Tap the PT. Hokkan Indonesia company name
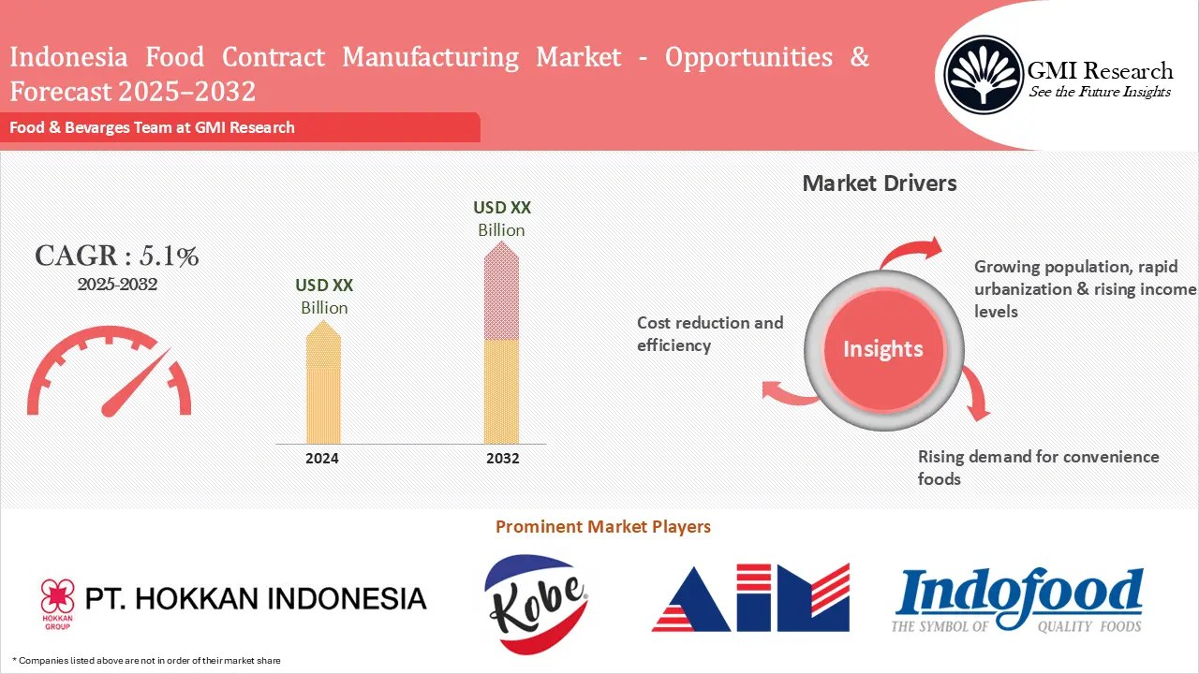point(256,598)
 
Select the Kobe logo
point(536,603)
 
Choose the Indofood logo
point(1018,600)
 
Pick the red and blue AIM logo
point(750,598)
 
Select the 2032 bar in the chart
point(501,342)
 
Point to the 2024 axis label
point(322,459)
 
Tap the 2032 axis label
point(502,459)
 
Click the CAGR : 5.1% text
point(116,256)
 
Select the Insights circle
point(882,349)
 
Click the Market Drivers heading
point(880,183)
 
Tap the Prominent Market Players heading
point(602,527)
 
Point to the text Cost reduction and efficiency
point(709,334)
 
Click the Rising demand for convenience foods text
point(1038,468)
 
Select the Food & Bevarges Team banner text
point(153,127)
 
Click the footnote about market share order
point(147,661)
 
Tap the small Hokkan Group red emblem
point(56,594)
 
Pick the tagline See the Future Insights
point(1100,92)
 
